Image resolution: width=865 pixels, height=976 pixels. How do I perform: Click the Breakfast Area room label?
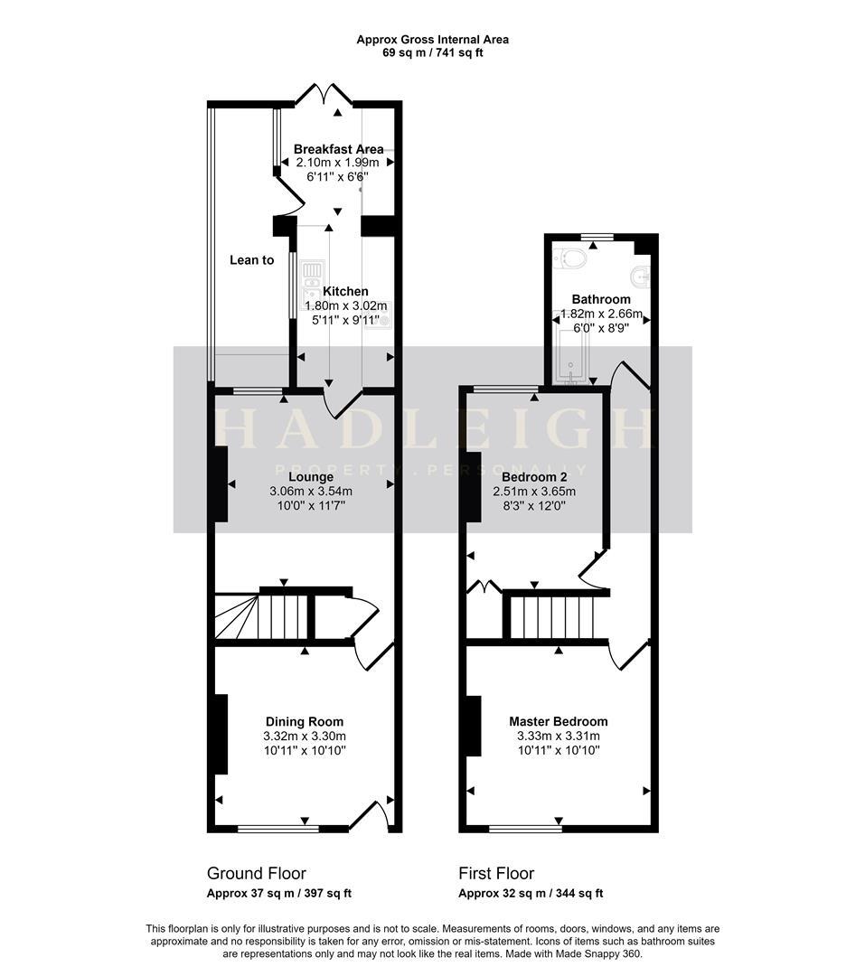point(338,149)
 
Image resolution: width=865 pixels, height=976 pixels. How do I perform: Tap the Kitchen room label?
point(345,291)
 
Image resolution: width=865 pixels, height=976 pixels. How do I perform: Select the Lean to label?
point(251,260)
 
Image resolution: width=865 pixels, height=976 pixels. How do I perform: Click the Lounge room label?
point(311,476)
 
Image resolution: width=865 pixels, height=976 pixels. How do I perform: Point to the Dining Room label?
point(305,721)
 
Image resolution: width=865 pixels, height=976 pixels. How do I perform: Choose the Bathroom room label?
point(601,299)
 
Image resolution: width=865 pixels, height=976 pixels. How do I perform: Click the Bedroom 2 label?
point(534,476)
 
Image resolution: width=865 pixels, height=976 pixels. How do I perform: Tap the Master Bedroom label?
point(558,721)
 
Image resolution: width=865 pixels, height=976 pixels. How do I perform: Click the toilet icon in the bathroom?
point(573,258)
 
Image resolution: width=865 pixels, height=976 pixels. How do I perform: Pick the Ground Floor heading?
point(256,873)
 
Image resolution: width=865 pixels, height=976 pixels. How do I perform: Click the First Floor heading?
point(496,873)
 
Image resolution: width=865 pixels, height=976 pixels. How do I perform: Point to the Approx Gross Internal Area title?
point(432,39)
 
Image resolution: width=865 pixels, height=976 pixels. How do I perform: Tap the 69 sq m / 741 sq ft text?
point(432,53)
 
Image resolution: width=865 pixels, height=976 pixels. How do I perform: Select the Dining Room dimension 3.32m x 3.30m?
point(305,736)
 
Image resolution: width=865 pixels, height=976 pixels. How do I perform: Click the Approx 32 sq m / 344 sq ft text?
point(531,893)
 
